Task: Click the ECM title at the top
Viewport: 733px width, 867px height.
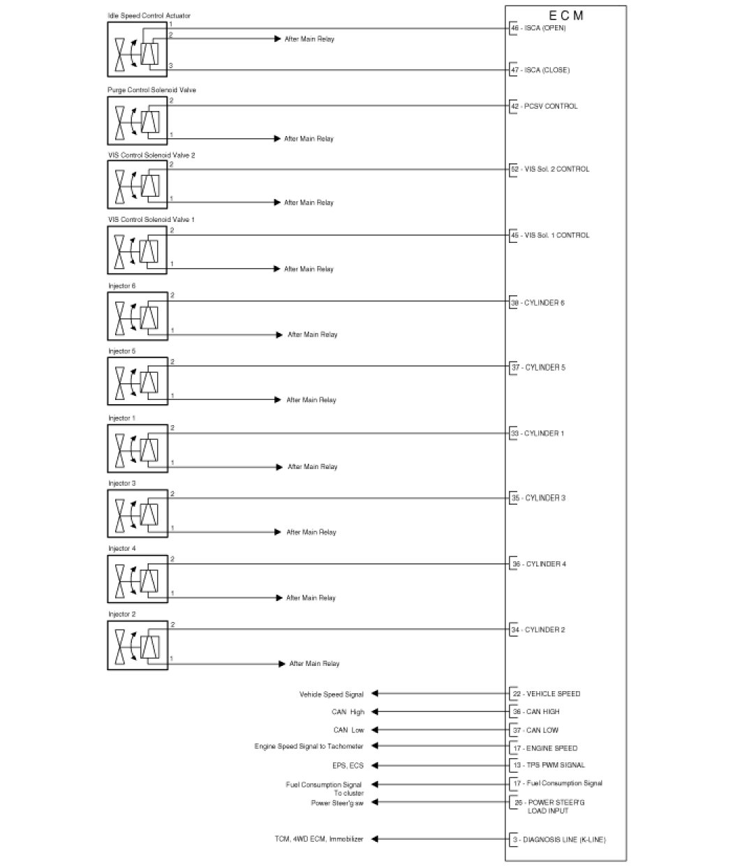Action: coord(565,15)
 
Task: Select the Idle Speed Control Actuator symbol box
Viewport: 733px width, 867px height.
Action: coord(138,49)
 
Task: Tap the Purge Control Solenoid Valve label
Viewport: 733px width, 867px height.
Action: coord(147,90)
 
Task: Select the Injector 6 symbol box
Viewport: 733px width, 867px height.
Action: coord(138,316)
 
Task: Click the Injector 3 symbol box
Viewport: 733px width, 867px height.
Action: coord(138,513)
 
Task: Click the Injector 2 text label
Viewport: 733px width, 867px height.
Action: coord(121,614)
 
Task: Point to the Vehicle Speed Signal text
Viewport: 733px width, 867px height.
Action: coord(331,695)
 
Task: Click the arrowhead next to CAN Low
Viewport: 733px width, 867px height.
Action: coord(374,729)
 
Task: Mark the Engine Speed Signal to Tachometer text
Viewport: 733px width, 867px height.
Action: coord(309,747)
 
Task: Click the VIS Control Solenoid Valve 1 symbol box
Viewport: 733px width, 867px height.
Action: coord(138,250)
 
